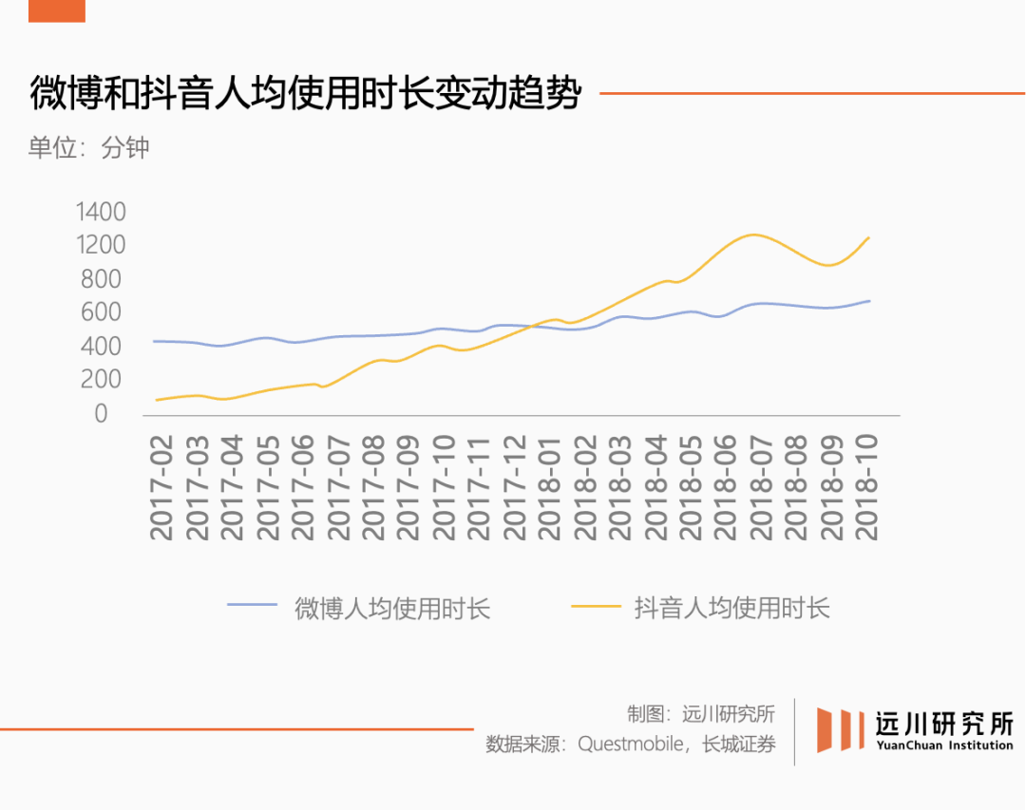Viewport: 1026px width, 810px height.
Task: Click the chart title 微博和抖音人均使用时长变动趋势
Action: pyautogui.click(x=304, y=95)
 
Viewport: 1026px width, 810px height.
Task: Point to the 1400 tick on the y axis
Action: pyautogui.click(x=100, y=211)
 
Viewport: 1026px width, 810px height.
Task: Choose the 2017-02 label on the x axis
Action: pyautogui.click(x=163, y=486)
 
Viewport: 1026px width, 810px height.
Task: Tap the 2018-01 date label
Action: pyautogui.click(x=551, y=486)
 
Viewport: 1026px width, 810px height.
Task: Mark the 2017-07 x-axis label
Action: pyautogui.click(x=339, y=486)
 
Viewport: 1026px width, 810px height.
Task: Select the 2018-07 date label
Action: pyautogui.click(x=762, y=486)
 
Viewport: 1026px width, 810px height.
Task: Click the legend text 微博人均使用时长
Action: pyautogui.click(x=392, y=609)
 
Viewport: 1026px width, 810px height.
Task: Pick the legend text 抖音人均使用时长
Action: pyautogui.click(x=731, y=609)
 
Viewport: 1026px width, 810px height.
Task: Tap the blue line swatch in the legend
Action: pyautogui.click(x=252, y=605)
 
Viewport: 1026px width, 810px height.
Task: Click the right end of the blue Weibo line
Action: pyautogui.click(x=869, y=301)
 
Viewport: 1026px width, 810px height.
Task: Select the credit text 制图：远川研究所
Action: pyautogui.click(x=701, y=714)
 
